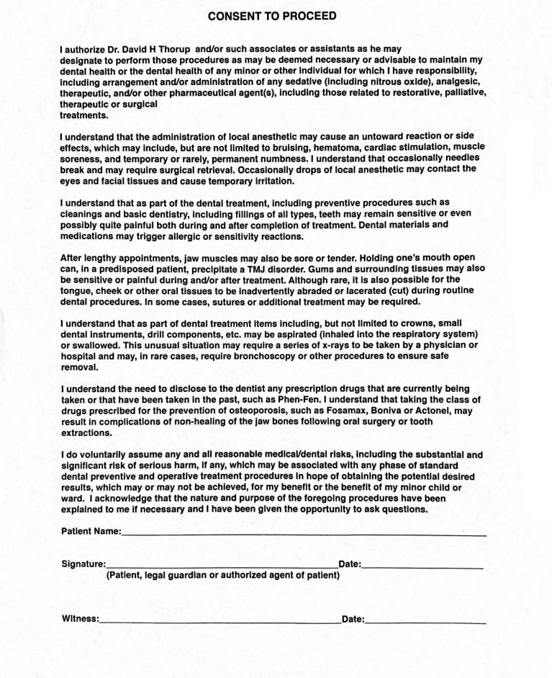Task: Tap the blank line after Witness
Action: point(220,620)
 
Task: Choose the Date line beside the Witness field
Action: point(425,620)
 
